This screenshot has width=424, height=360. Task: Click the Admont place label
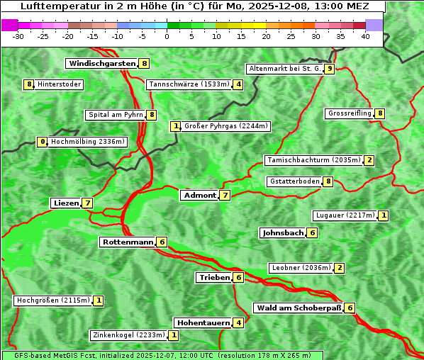(x=199, y=195)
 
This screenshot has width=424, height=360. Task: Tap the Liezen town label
(x=66, y=203)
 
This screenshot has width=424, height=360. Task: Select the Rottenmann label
(x=128, y=242)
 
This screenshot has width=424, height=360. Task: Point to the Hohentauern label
(x=203, y=323)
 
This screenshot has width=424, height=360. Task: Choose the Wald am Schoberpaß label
(x=298, y=308)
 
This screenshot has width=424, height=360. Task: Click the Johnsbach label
(x=283, y=232)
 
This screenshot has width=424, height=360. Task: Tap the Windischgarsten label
(x=101, y=64)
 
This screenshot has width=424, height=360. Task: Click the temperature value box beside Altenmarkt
(x=330, y=69)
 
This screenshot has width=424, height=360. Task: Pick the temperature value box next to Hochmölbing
(x=43, y=142)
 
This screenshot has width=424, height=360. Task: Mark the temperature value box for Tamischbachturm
(x=369, y=160)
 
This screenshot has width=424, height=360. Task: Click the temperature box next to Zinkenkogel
(x=174, y=335)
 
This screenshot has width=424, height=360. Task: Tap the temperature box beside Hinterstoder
(x=29, y=85)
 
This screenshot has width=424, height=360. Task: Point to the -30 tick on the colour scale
(x=18, y=36)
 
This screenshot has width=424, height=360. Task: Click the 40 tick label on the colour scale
(x=365, y=36)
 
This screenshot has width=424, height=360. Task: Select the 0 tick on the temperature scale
(x=167, y=36)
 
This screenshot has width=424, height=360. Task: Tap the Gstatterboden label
(x=294, y=181)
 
